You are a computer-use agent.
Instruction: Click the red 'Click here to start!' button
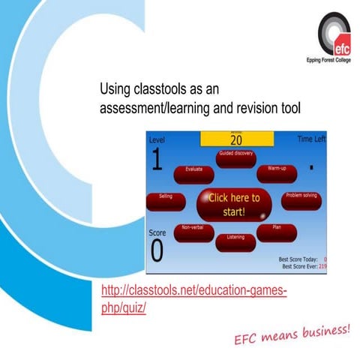234,204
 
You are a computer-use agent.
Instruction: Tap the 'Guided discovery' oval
235,154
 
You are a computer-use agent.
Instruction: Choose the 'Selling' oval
166,199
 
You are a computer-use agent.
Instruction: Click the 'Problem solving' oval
302,198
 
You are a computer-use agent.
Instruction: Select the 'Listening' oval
235,240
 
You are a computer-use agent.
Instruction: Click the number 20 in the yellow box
236,139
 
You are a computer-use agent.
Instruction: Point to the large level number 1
157,160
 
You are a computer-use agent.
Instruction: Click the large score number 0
157,251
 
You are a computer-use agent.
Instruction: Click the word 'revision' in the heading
247,108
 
